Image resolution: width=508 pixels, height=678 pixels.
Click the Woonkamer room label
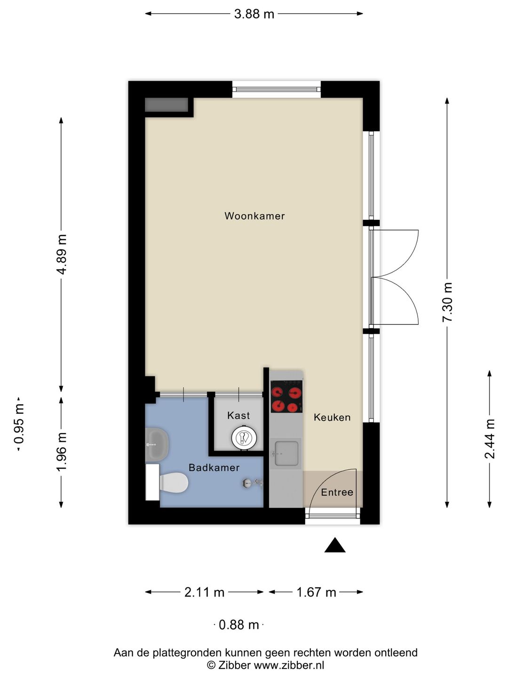[x=254, y=216]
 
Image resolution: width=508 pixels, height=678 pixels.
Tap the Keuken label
[x=332, y=418]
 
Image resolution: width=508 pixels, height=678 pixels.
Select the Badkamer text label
[x=214, y=468]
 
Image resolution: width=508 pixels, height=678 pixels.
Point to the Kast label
[x=238, y=415]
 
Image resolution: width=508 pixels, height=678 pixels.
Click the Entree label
[x=337, y=492]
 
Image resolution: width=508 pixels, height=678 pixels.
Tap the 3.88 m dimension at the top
[x=254, y=14]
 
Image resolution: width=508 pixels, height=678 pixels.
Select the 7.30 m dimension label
[x=447, y=302]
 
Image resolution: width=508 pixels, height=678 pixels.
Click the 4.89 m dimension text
[x=62, y=255]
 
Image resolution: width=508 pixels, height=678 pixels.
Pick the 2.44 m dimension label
[x=490, y=439]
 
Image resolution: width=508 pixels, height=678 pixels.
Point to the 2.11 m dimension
[x=204, y=592]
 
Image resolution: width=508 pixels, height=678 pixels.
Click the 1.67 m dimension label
[x=316, y=592]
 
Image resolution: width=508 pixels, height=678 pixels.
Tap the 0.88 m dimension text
[x=239, y=625]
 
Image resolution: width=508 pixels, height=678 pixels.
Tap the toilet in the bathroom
[x=174, y=483]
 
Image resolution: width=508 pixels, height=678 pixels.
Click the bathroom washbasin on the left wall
[x=157, y=444]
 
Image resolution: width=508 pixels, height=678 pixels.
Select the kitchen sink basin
[x=286, y=453]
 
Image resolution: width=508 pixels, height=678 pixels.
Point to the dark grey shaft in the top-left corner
[x=167, y=105]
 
